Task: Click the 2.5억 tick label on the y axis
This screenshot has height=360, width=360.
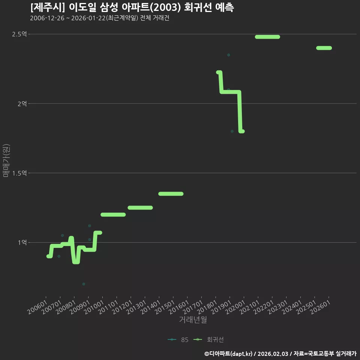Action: click(19, 34)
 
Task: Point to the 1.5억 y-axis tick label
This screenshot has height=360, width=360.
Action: click(19, 173)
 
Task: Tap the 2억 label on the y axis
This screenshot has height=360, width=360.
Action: click(22, 104)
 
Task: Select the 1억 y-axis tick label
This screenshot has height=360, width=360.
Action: click(22, 243)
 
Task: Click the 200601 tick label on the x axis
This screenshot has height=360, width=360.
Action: click(37, 307)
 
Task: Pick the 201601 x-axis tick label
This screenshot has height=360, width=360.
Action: click(178, 307)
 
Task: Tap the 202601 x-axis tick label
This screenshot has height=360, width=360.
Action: click(320, 307)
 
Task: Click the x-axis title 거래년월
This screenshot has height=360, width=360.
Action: click(193, 319)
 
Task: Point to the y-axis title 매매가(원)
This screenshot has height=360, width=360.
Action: click(6, 160)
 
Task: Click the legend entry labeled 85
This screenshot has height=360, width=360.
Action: click(178, 340)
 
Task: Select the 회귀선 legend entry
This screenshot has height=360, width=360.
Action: click(208, 340)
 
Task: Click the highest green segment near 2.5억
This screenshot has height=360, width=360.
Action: click(267, 37)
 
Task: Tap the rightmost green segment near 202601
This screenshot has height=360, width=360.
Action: click(324, 48)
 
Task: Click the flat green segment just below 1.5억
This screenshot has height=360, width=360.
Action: click(171, 194)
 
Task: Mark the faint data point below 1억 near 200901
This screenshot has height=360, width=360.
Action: click(84, 284)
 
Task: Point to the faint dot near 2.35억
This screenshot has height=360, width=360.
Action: click(228, 55)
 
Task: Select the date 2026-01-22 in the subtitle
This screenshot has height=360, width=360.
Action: click(88, 18)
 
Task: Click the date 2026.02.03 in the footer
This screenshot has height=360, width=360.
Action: click(273, 354)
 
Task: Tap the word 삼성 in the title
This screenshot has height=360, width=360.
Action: click(109, 7)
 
